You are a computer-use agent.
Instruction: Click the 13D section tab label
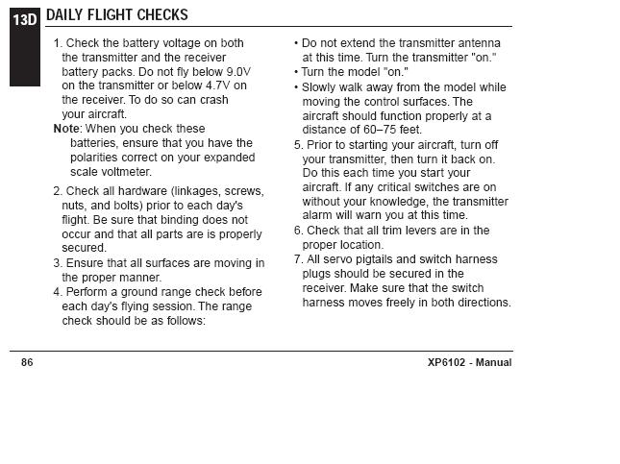click(24, 18)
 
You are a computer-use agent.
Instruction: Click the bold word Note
click(66, 129)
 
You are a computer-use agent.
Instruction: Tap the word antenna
click(478, 43)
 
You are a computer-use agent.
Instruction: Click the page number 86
click(27, 362)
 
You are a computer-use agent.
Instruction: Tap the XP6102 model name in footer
click(449, 362)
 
